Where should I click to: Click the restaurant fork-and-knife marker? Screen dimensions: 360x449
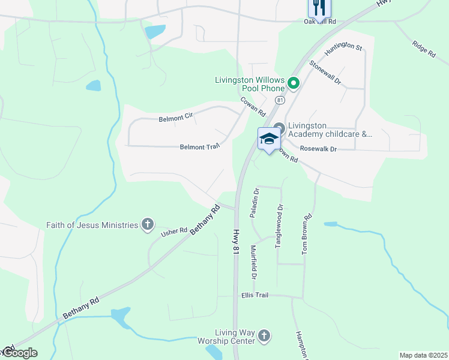pyautogui.click(x=319, y=8)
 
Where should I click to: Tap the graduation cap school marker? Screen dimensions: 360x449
pyautogui.click(x=268, y=140)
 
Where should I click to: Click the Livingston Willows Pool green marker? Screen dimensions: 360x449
pyautogui.click(x=294, y=83)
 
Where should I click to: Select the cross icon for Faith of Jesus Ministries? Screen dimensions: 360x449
pyautogui.click(x=148, y=225)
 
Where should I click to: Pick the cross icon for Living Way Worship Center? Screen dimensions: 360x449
pyautogui.click(x=265, y=337)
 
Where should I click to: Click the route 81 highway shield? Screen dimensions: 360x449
pyautogui.click(x=280, y=100)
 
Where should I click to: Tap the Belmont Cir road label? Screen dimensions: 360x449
pyautogui.click(x=175, y=118)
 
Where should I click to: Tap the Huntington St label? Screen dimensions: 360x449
pyautogui.click(x=344, y=50)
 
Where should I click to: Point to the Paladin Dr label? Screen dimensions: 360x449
pyautogui.click(x=256, y=202)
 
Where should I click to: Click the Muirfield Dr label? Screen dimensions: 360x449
pyautogui.click(x=253, y=262)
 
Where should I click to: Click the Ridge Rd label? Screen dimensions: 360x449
pyautogui.click(x=423, y=48)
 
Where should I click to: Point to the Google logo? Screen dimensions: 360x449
pyautogui.click(x=19, y=353)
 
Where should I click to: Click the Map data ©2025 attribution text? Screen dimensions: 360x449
pyautogui.click(x=423, y=355)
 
